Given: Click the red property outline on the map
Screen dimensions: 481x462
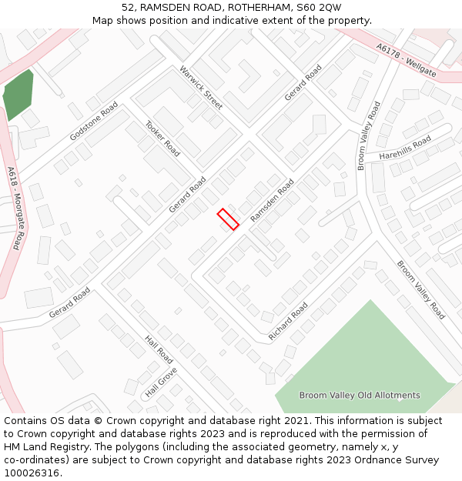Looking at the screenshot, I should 228,219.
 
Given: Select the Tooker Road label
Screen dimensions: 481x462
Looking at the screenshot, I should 162,139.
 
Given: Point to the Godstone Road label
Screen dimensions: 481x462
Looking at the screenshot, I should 94,121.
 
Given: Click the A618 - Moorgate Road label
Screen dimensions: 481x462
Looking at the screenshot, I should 15,208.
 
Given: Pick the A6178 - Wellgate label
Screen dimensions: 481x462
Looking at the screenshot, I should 407,60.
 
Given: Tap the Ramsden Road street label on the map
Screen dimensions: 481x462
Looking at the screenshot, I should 273,201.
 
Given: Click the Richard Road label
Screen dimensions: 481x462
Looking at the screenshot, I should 288,322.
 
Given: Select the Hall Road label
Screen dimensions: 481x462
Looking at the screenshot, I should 159,349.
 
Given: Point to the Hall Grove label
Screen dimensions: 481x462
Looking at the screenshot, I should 162,382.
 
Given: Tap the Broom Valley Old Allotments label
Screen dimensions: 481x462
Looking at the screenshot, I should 360,396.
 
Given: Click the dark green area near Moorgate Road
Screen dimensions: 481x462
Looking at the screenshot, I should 18,95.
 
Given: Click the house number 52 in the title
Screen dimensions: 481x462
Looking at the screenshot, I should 128,8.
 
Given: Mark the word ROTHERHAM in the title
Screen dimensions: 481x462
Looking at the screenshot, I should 248,8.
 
